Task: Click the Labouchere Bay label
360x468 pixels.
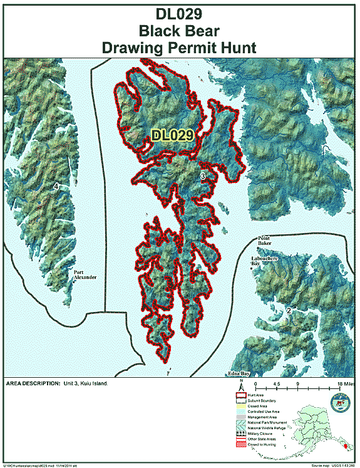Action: pos(264,261)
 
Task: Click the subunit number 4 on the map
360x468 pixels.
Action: pos(56,186)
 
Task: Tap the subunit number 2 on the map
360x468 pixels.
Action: pos(289,310)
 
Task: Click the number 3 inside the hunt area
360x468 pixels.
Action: pos(202,177)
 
